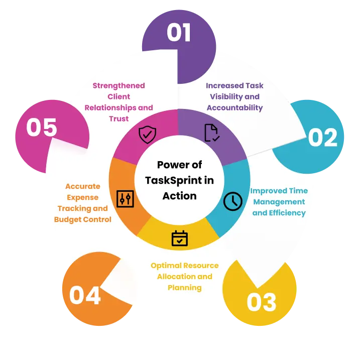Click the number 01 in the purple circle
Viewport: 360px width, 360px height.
179,32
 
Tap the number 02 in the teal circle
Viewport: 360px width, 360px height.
323,137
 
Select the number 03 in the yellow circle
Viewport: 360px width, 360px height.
262,302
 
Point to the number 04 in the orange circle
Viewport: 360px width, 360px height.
85,295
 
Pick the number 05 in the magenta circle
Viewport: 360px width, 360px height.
42,127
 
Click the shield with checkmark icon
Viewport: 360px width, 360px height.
148,135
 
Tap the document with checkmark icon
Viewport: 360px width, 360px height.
212,133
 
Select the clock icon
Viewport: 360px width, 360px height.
233,201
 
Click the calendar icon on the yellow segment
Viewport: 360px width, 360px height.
180,238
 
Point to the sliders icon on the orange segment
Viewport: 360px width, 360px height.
125,199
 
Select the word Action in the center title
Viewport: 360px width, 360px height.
180,196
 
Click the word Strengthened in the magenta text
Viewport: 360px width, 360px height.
118,86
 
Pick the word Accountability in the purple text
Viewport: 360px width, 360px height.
234,107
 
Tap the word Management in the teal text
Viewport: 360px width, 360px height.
279,202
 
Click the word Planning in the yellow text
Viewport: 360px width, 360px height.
185,288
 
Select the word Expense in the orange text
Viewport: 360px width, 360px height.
83,197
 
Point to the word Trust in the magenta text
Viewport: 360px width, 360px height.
118,118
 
